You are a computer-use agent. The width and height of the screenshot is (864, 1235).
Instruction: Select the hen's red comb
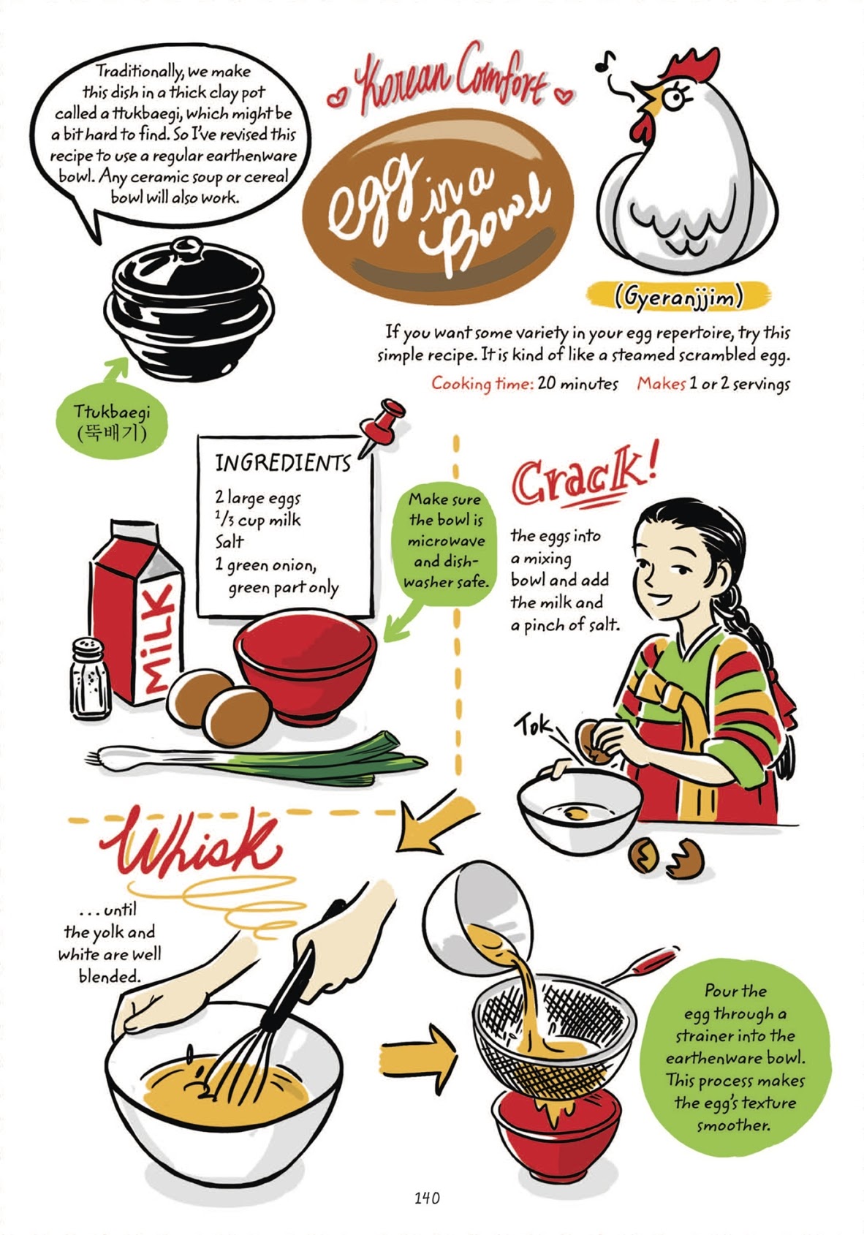coord(690,65)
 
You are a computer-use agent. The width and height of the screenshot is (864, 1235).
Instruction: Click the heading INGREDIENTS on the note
coord(282,463)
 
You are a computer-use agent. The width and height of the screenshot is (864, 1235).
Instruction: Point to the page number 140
coord(427,1198)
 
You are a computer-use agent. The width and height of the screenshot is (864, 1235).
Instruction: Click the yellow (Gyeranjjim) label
coord(678,296)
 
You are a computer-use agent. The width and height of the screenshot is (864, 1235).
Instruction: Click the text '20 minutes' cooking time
coord(577,383)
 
